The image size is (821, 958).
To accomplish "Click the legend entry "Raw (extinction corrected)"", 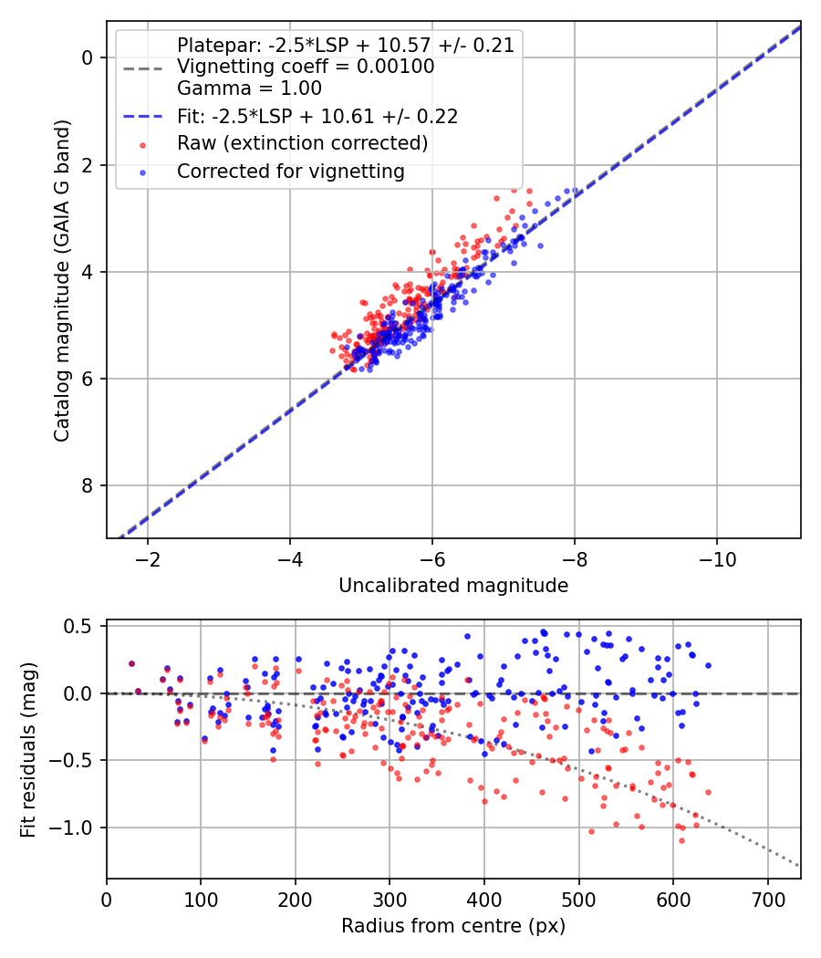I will [x=302, y=143].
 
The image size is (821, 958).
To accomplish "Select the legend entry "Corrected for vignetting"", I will [x=290, y=171].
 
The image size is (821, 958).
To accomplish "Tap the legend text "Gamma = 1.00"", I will [x=249, y=89].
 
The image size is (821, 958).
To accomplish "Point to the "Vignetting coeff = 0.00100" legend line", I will [x=306, y=67].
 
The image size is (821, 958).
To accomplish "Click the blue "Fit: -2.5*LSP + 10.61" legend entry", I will [x=317, y=116].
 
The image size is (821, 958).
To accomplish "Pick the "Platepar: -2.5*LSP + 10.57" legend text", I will [x=345, y=45].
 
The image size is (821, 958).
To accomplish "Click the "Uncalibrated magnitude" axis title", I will [x=453, y=585].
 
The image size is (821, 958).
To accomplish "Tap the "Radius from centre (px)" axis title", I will [x=453, y=926].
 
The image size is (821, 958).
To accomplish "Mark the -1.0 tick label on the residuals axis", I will [x=77, y=828].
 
